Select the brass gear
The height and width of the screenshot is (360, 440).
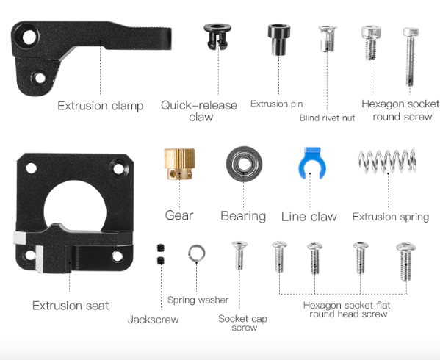tap(179, 164)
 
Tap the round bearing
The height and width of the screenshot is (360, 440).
tap(244, 164)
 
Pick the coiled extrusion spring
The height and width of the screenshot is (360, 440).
tap(387, 161)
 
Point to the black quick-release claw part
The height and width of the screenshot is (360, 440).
tap(217, 37)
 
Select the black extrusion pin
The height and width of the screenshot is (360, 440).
tap(278, 39)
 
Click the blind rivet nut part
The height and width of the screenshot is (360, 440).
tap(327, 39)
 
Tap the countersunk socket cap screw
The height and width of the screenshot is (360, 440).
tap(239, 255)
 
